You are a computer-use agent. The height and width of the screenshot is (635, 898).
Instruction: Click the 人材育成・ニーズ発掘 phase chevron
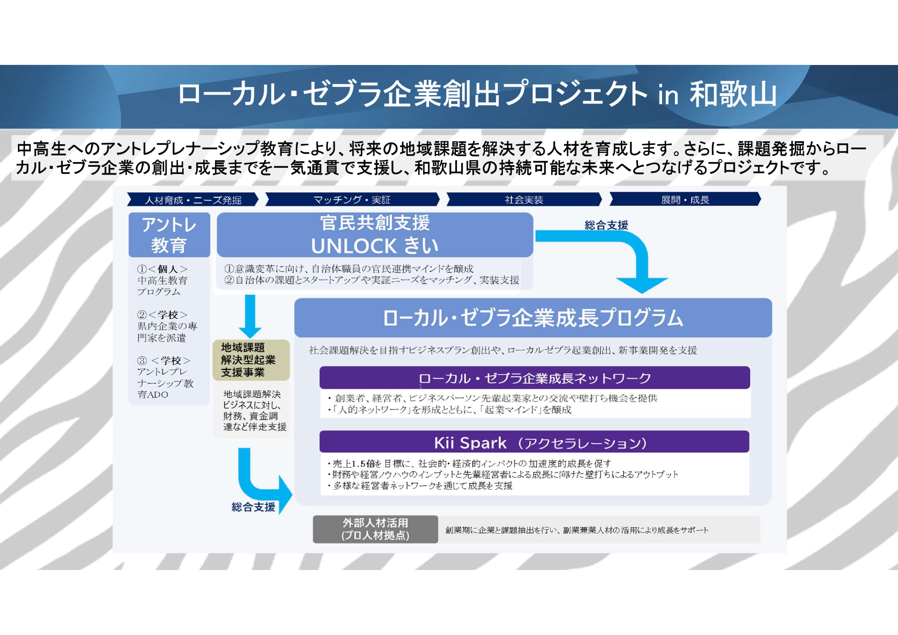tap(192, 200)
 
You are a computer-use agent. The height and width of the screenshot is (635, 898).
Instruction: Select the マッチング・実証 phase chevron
tap(352, 200)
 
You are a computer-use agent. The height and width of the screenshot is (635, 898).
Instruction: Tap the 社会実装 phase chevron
tap(523, 200)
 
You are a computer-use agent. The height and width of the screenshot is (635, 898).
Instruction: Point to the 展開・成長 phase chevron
tap(685, 200)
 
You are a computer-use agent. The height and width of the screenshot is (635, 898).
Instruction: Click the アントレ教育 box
tap(169, 235)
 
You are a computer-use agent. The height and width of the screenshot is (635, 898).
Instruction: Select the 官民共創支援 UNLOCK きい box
tap(375, 235)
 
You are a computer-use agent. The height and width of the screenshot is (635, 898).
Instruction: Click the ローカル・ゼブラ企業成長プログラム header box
tap(533, 318)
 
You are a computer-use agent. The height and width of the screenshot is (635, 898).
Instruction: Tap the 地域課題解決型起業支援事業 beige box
tap(251, 360)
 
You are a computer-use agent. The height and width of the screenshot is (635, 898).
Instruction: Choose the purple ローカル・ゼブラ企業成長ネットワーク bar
tap(534, 378)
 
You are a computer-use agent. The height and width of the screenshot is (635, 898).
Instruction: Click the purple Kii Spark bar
tap(534, 443)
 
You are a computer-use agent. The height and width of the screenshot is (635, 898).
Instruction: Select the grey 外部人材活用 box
tap(375, 529)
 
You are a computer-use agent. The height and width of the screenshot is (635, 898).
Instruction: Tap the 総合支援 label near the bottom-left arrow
tap(253, 507)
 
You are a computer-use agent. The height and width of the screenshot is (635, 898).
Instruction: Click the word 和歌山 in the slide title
tap(733, 95)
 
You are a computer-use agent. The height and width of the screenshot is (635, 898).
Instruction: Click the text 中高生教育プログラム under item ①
tap(162, 286)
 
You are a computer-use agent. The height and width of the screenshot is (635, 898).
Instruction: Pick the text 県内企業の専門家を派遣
tap(167, 332)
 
